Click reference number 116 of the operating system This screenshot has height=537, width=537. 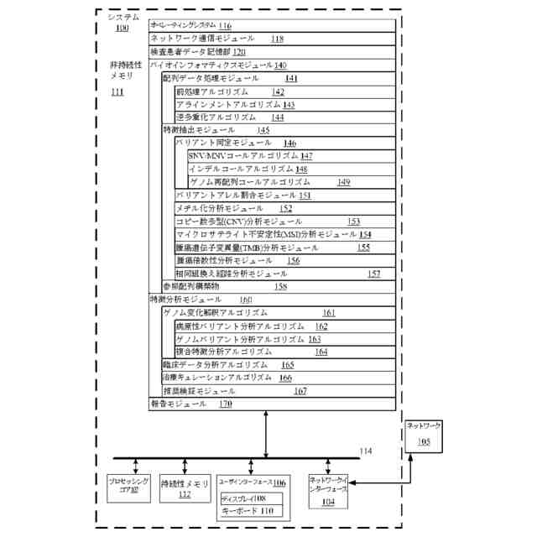[x=225, y=26]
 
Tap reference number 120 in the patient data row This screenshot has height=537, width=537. [x=239, y=51]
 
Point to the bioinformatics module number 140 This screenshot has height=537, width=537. [x=280, y=65]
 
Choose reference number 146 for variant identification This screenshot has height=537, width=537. [x=289, y=143]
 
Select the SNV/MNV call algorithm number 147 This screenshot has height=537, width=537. [x=306, y=156]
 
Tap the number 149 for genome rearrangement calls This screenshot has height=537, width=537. [x=343, y=181]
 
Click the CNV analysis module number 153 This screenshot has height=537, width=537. [x=353, y=221]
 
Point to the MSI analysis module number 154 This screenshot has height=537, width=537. [x=365, y=234]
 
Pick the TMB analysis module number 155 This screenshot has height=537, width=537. [x=363, y=248]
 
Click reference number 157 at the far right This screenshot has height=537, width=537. [x=374, y=274]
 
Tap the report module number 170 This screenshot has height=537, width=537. [x=226, y=404]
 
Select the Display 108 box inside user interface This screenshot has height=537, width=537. [x=249, y=498]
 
